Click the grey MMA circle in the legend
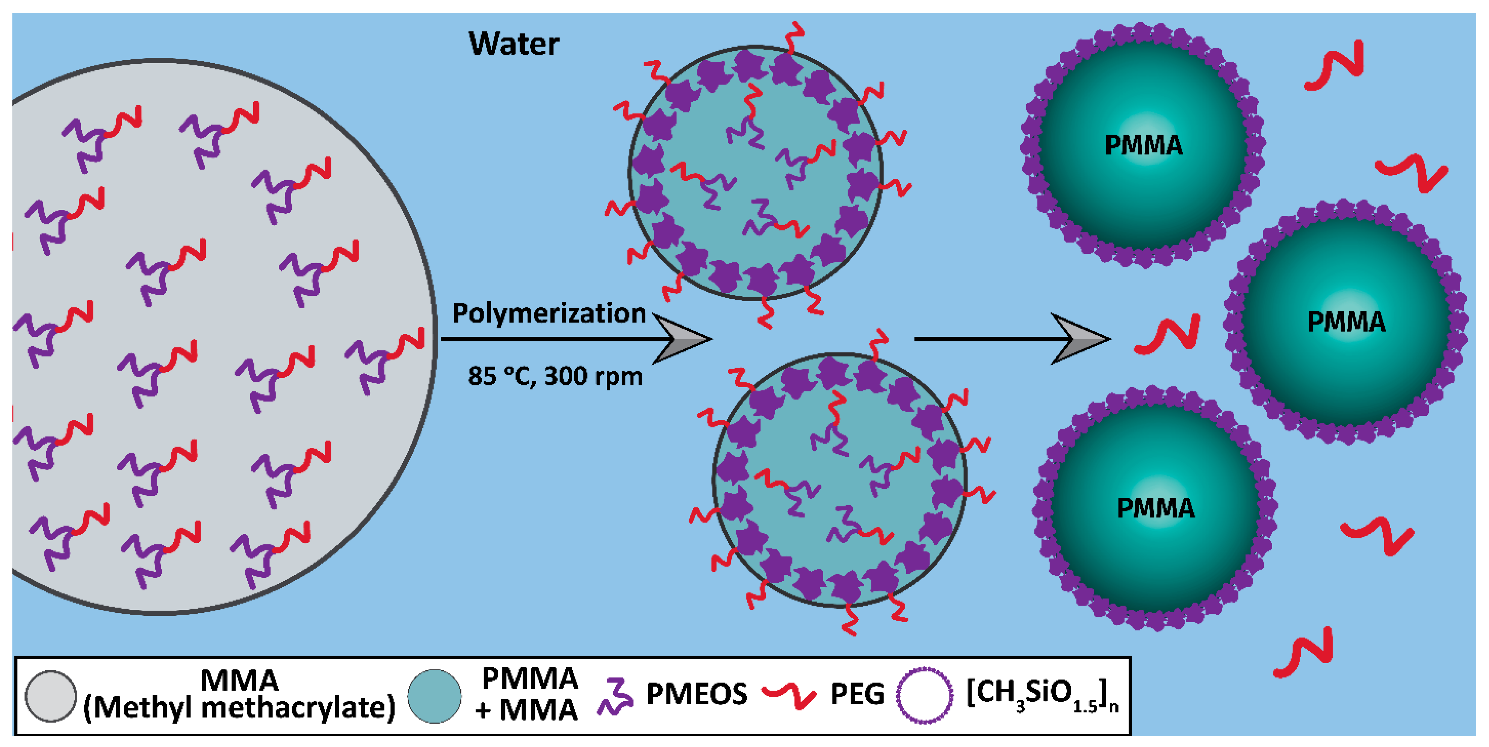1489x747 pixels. [x=51, y=696]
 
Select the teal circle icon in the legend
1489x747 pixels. [x=434, y=696]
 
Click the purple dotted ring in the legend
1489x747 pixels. [x=924, y=695]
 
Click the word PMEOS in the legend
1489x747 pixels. [x=697, y=694]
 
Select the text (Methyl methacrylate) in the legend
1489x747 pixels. [x=239, y=708]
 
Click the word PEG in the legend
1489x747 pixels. [x=857, y=694]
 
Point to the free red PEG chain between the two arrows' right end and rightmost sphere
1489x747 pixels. [x=1168, y=335]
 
